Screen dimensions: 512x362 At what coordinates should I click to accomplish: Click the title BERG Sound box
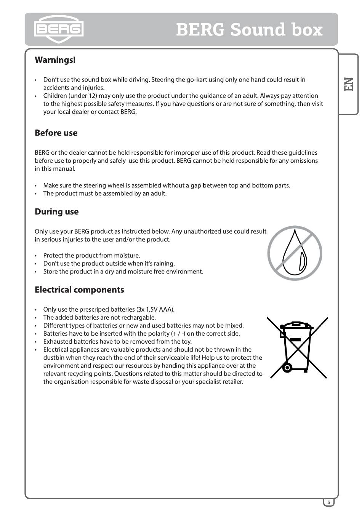click(249, 30)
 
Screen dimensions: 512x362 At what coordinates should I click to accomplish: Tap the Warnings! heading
click(55, 60)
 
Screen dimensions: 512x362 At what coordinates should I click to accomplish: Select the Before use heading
click(56, 133)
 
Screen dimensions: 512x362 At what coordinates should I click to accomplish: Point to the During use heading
click(56, 212)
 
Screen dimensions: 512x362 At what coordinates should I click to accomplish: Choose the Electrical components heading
click(79, 290)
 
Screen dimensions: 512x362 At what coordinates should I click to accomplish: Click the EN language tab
click(349, 84)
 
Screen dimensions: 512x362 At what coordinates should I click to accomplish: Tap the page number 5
click(329, 502)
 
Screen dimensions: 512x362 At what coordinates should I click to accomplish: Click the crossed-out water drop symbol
click(295, 253)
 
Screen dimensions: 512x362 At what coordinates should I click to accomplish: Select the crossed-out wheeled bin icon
click(297, 347)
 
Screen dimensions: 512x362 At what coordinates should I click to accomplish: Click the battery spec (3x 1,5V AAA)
click(155, 309)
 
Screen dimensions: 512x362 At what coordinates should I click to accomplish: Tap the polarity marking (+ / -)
click(178, 334)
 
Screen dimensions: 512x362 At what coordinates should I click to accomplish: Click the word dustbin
click(55, 358)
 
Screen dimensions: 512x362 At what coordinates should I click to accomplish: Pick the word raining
click(164, 264)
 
